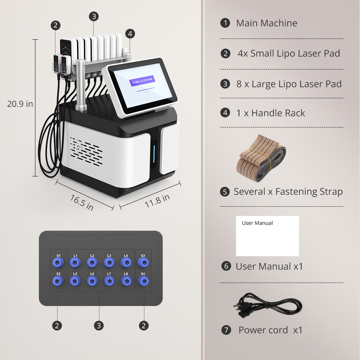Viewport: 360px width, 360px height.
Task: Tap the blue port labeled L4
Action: click(126, 263)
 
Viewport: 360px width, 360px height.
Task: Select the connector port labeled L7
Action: click(109, 281)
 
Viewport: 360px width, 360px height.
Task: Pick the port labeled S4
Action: click(143, 281)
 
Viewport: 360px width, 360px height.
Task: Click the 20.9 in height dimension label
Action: click(20, 104)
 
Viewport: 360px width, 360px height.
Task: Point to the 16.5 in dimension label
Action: click(82, 203)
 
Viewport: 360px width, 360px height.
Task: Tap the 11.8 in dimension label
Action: click(157, 201)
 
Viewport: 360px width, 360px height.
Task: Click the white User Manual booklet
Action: click(267, 236)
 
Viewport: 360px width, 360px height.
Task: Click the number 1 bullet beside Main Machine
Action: click(225, 23)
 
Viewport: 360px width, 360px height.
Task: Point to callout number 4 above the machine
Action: click(130, 33)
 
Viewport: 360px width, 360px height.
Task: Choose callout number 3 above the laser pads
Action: click(94, 16)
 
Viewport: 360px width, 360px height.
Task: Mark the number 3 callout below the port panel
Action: click(99, 325)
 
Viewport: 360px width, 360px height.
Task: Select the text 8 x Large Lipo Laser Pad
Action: click(289, 84)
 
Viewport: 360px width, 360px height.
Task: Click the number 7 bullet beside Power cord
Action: click(226, 330)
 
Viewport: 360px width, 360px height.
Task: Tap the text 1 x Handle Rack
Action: click(271, 113)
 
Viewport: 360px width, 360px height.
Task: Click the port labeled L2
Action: click(92, 263)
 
